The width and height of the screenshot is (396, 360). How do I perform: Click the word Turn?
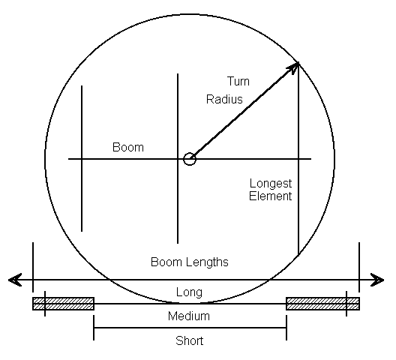[x=238, y=81]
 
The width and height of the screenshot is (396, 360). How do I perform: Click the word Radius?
[x=224, y=99]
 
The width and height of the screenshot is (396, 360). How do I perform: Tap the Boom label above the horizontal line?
[x=128, y=147]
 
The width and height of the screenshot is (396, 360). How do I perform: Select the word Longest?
[x=271, y=184]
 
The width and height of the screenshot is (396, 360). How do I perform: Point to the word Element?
[x=270, y=196]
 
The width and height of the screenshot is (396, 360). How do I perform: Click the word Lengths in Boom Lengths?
[x=207, y=262]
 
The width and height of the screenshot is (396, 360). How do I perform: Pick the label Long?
[x=189, y=292]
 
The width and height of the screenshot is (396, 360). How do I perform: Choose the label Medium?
[x=189, y=316]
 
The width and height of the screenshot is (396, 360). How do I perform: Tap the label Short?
[x=190, y=340]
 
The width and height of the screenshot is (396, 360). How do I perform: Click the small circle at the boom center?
[x=190, y=159]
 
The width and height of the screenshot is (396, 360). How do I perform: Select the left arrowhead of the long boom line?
[x=15, y=280]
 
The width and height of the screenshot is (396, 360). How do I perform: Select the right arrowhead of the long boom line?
[x=377, y=280]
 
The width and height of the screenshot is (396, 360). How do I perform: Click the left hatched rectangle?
[x=64, y=304]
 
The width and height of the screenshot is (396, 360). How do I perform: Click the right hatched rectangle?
[x=322, y=304]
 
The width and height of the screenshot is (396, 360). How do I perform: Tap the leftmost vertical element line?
[x=82, y=158]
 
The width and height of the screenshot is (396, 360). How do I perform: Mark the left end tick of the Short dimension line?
[x=94, y=328]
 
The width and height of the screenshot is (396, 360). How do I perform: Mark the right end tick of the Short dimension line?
[x=286, y=328]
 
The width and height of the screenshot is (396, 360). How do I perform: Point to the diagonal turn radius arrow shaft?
[x=243, y=112]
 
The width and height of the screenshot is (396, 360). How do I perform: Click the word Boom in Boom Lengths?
[x=166, y=262]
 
